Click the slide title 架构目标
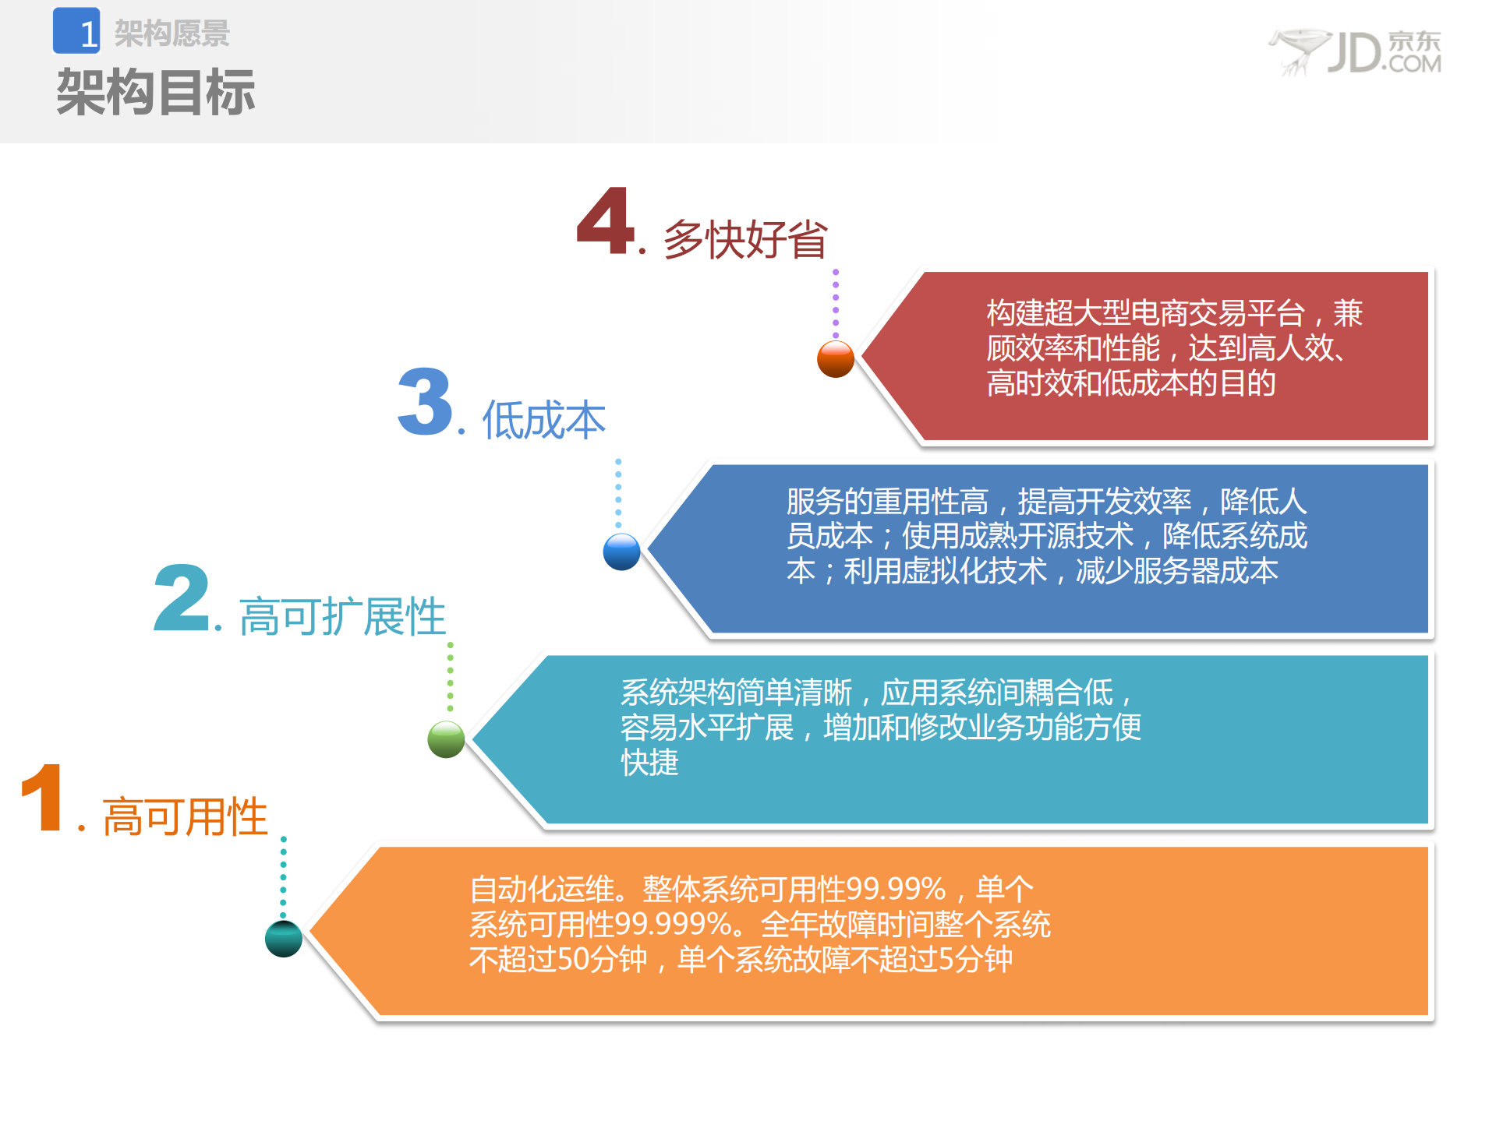[x=155, y=93]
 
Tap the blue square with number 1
[x=76, y=31]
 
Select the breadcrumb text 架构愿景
[x=172, y=33]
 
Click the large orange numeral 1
[x=43, y=798]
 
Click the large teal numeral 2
[x=182, y=598]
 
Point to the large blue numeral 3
[x=425, y=402]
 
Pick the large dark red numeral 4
[x=606, y=221]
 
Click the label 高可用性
[x=185, y=817]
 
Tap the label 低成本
[x=543, y=421]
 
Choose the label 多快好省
[x=744, y=239]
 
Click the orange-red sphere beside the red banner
[x=835, y=359]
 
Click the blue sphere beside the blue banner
[x=621, y=552]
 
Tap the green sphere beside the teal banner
[x=446, y=739]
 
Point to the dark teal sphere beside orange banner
[x=283, y=938]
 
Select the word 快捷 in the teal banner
[x=649, y=762]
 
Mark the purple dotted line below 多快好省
[x=835, y=304]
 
